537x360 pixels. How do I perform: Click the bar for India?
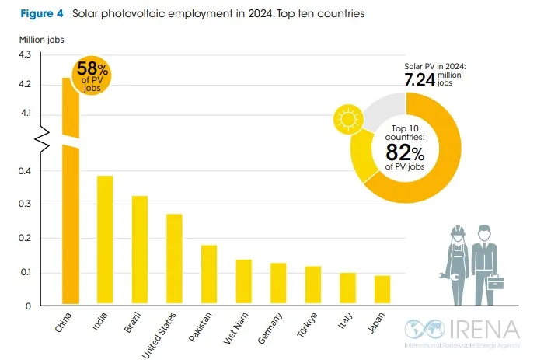104,240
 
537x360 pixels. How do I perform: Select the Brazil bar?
140,250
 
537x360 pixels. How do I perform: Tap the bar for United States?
174,259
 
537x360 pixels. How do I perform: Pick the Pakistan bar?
209,275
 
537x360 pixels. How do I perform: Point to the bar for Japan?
382,290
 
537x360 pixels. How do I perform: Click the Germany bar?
278,284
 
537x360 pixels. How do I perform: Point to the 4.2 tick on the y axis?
25,84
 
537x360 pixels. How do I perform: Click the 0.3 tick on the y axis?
25,204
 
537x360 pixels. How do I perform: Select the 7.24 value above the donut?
424,79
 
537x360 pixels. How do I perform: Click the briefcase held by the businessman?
496,278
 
